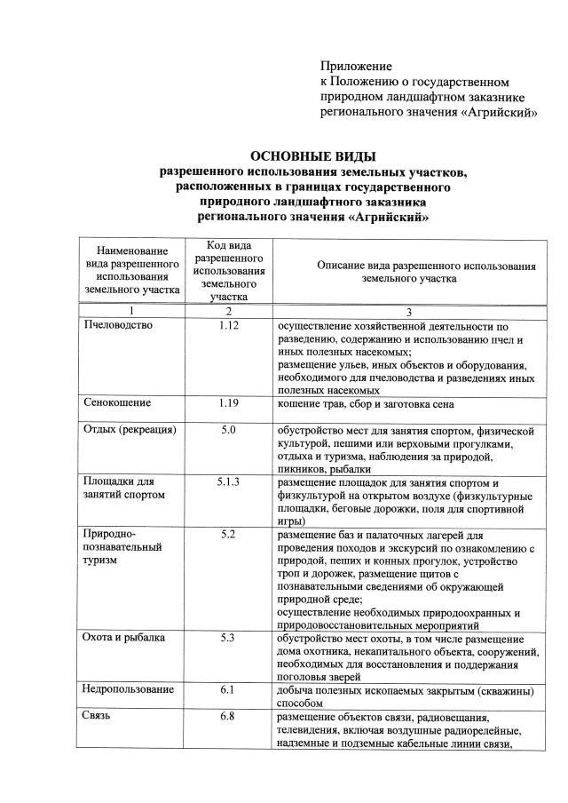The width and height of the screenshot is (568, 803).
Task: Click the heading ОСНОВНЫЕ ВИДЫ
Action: pyautogui.click(x=314, y=157)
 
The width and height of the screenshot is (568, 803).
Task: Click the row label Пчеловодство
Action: pyautogui.click(x=118, y=325)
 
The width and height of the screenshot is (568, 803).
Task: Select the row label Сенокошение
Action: pyautogui.click(x=116, y=403)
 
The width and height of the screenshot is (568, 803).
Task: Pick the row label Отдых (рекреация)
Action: pyautogui.click(x=130, y=431)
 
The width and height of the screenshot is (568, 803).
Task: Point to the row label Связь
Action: pyautogui.click(x=97, y=717)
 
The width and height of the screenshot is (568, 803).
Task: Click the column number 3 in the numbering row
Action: pyautogui.click(x=409, y=311)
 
